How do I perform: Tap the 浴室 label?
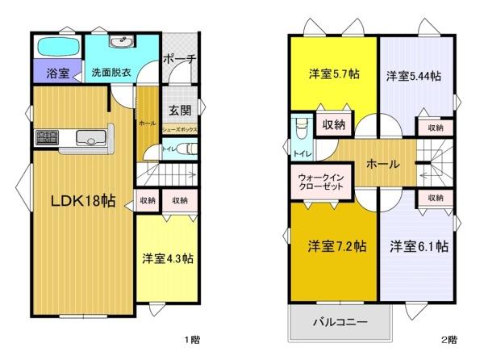(x=56, y=73)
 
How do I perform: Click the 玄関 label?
(x=179, y=111)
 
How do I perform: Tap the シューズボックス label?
(x=179, y=128)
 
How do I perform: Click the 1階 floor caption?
(x=192, y=340)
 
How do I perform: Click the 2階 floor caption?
(x=449, y=340)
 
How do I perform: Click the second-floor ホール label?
(x=382, y=164)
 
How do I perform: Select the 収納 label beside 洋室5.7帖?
(x=334, y=124)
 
